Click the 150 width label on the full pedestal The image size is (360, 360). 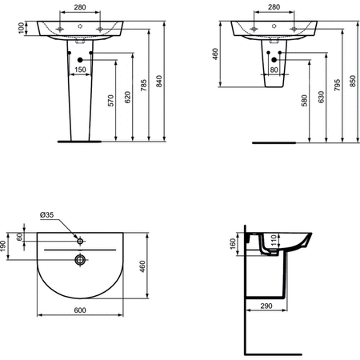[81, 70]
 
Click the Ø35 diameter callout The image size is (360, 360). [47, 214]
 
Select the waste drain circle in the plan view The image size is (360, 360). [79, 258]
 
